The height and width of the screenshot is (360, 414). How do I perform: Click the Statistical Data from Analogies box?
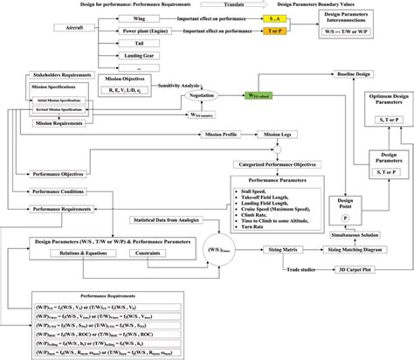(175, 219)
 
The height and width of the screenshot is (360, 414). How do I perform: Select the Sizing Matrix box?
(279, 250)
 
